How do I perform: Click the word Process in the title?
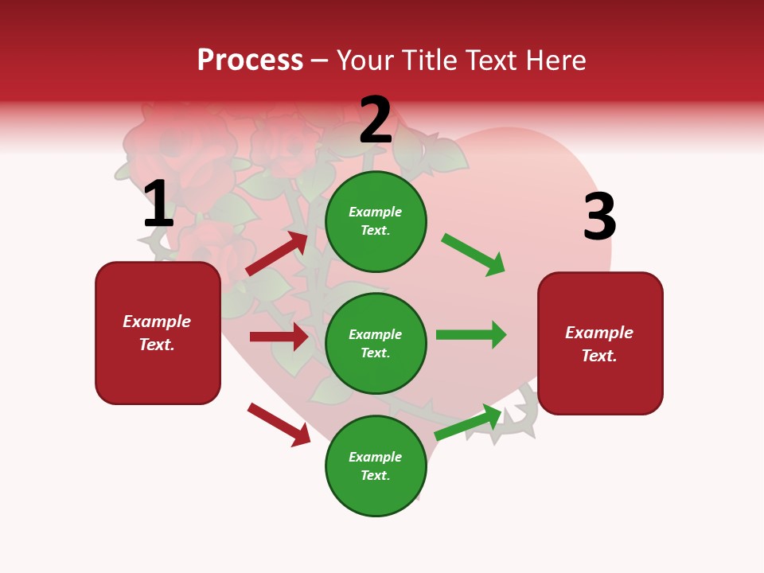click(x=250, y=60)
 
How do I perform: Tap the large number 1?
click(x=158, y=205)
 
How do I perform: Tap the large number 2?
click(x=376, y=121)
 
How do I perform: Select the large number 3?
click(x=599, y=217)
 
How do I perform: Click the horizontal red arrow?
click(x=279, y=337)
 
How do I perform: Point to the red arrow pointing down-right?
click(x=279, y=424)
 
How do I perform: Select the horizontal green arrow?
click(x=471, y=334)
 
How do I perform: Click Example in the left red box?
click(x=157, y=322)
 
